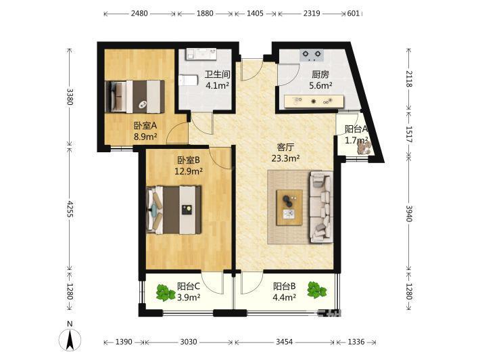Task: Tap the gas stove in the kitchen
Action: pos(312,55)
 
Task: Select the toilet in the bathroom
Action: pos(188,81)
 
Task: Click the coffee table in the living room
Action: pos(289,208)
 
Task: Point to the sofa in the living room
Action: pos(321,207)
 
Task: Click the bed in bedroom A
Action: pos(135,97)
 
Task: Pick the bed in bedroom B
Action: pos(174,210)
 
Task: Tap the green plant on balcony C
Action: pos(166,292)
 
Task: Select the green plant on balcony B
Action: pos(317,290)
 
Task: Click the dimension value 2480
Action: pos(139,14)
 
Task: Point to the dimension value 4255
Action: pos(70,209)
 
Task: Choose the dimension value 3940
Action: pos(409,213)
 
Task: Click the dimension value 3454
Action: pos(285,342)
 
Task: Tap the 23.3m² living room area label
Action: pos(285,158)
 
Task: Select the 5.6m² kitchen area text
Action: pos(321,85)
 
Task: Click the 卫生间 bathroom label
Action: pos(217,74)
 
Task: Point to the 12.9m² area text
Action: pos(189,171)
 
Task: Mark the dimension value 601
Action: pos(354,14)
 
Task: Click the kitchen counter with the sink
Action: pos(314,102)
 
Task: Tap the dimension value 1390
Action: pos(124,342)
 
